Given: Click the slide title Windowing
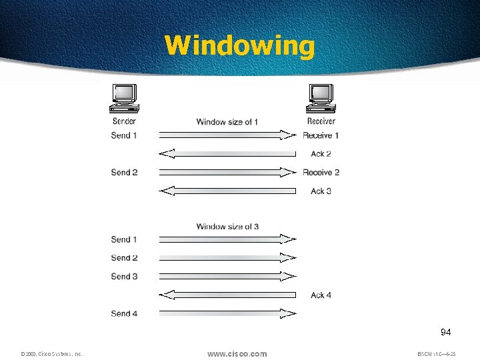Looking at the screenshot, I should coord(239,46).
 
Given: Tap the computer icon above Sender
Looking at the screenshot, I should coord(125,99).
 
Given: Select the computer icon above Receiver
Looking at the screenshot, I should coord(321,99).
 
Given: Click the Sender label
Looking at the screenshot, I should coord(124,121).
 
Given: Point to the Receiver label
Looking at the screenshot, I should coord(321,121).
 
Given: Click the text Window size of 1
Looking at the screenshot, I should coord(227,122).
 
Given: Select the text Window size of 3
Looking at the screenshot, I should coord(227,227).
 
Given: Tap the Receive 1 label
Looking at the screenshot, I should coord(321,135).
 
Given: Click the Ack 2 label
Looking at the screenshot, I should coord(321,154).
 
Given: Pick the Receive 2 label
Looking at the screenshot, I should coord(321,172).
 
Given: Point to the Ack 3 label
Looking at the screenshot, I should coord(321,191).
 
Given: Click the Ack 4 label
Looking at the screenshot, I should coord(321,295).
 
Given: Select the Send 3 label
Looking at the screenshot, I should coord(125,276).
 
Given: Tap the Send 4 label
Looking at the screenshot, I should coord(125,313).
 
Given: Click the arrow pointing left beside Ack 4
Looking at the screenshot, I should coord(227,295).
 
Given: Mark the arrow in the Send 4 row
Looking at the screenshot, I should coord(227,313).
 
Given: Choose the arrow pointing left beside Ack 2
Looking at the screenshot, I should coord(227,154).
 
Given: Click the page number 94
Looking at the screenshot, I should coord(446,332).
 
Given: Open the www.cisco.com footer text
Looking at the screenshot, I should coord(237,353).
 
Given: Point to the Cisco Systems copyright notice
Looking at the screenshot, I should coord(51,354).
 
